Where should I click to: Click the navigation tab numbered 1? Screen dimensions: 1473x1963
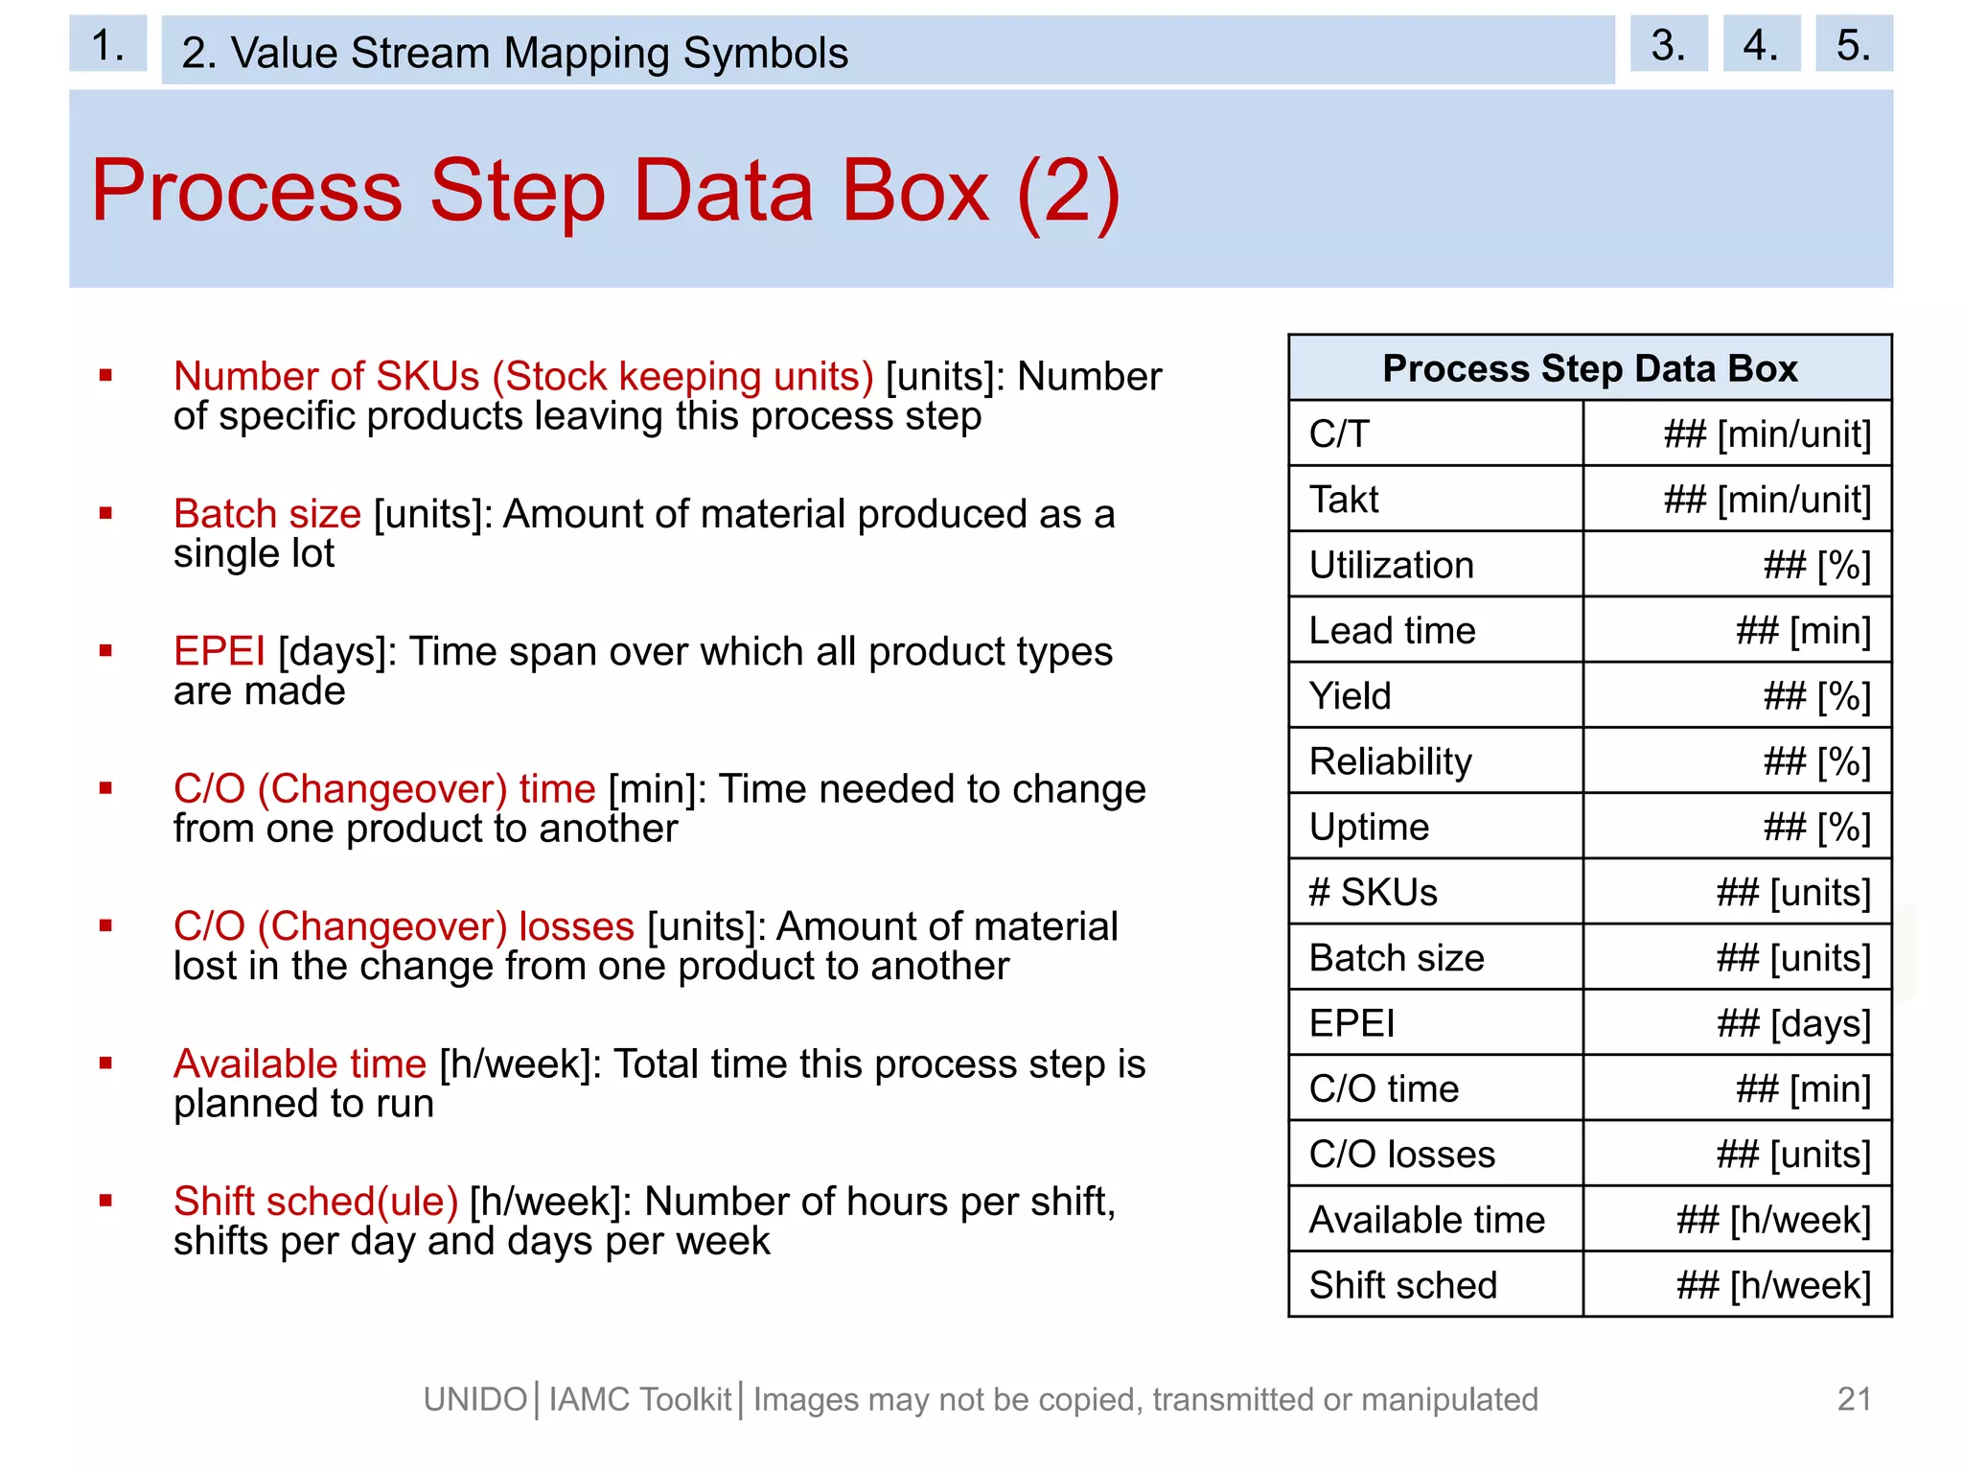coord(107,44)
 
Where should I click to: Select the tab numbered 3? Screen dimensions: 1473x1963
coord(1668,44)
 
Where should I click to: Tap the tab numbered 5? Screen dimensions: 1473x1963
coord(1853,44)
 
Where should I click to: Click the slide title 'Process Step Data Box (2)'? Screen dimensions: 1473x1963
coord(606,191)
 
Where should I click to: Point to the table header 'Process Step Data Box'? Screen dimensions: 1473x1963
coord(1589,368)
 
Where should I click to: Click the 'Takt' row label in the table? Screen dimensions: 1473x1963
coord(1344,500)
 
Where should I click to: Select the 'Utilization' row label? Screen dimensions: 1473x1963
coord(1391,565)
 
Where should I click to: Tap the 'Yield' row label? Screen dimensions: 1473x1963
coord(1350,696)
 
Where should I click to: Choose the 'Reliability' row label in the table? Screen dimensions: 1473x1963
coord(1390,761)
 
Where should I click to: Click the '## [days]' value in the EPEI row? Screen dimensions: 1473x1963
coord(1793,1023)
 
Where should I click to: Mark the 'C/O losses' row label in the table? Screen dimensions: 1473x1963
coord(1401,1154)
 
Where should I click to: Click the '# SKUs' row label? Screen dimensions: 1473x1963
coord(1373,893)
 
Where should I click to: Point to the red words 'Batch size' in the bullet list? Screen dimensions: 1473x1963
coord(267,514)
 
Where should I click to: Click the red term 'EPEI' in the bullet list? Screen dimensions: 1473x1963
coord(219,651)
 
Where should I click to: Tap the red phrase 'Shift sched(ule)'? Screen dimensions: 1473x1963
coord(315,1201)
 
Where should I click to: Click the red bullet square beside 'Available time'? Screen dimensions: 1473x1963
coord(106,1063)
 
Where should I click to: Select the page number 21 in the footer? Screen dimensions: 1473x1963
coord(1854,1399)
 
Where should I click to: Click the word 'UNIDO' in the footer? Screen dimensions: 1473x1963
coord(475,1400)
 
